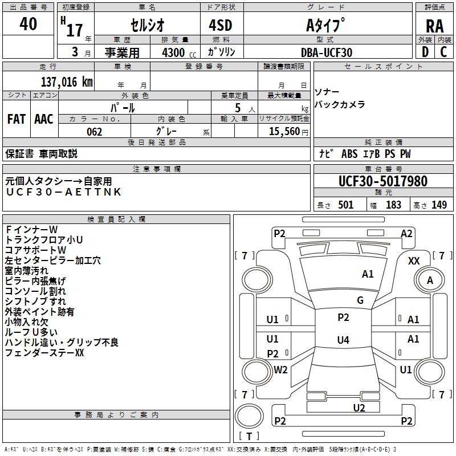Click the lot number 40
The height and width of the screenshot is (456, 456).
[x=28, y=25]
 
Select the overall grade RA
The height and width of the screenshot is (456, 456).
[x=434, y=26]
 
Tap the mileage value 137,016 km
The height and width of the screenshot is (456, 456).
[x=66, y=82]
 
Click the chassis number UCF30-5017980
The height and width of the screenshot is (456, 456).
[x=382, y=182]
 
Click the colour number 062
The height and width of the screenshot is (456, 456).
[x=94, y=132]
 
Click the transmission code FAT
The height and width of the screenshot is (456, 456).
[x=16, y=119]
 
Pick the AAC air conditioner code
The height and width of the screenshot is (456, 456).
[x=44, y=119]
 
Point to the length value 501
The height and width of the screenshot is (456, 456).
[x=345, y=205]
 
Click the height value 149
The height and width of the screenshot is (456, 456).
[x=439, y=205]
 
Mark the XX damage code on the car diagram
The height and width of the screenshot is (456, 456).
[x=414, y=260]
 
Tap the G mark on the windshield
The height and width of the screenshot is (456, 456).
[x=360, y=300]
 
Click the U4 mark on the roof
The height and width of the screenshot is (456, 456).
[x=343, y=340]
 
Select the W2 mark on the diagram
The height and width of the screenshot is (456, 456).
[x=280, y=369]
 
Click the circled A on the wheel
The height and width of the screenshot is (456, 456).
[x=430, y=280]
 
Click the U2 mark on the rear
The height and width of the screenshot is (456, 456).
[x=359, y=408]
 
